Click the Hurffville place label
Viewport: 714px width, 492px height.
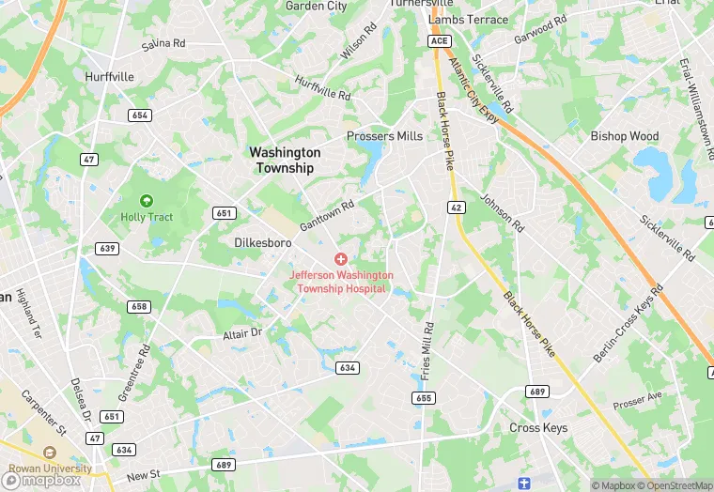click(108, 76)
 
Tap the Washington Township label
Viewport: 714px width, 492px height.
click(284, 160)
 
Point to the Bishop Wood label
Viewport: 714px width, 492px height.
click(625, 136)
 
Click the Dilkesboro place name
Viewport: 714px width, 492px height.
click(262, 242)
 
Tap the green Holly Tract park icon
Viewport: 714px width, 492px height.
click(146, 200)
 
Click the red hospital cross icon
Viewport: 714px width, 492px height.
click(341, 257)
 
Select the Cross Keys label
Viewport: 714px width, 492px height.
click(538, 427)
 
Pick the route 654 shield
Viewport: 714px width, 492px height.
click(140, 115)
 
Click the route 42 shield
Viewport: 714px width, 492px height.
click(456, 207)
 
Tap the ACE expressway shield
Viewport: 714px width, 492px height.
click(439, 41)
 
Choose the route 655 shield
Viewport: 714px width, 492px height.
click(423, 398)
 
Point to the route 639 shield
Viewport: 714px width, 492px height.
click(106, 248)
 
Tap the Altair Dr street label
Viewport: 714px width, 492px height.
click(241, 334)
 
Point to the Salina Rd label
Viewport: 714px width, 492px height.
click(163, 44)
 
